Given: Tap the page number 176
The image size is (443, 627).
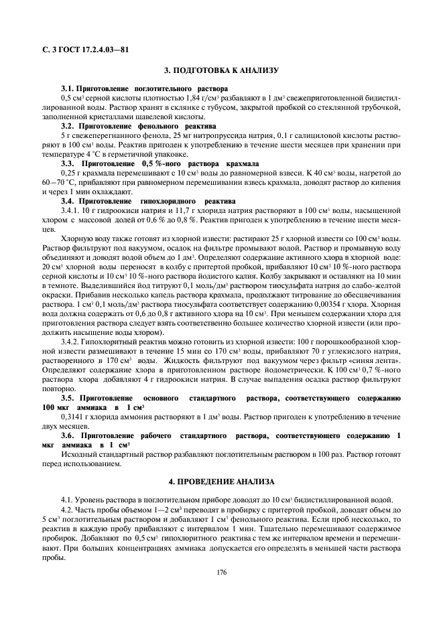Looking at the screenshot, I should pyautogui.click(x=221, y=572).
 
